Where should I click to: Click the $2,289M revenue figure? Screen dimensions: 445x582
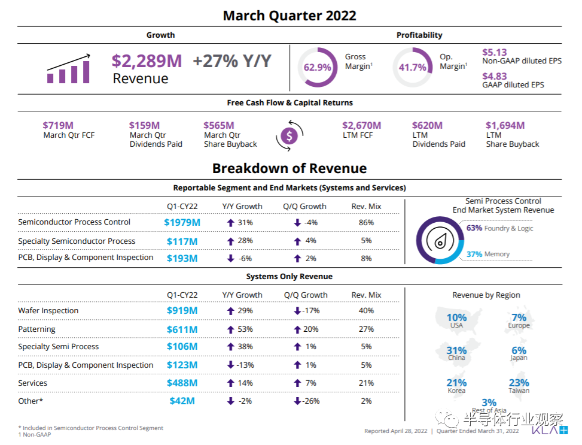coord(147,61)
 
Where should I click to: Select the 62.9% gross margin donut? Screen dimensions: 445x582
coord(317,67)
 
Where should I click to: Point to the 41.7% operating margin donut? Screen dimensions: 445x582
coord(412,67)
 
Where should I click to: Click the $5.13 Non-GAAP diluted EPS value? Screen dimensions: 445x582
coord(495,52)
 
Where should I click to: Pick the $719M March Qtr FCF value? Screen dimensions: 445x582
coord(58,125)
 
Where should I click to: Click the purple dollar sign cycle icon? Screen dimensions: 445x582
coord(290,136)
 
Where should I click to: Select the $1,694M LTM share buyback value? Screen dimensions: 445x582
coord(505,125)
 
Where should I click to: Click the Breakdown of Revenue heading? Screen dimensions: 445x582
coord(290,168)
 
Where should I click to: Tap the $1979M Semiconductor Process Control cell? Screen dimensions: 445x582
coord(182,222)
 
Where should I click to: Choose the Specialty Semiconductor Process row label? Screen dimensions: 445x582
coord(77,241)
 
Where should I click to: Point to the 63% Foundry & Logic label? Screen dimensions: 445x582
coord(499,228)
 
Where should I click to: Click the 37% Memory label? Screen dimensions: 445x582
coord(488,254)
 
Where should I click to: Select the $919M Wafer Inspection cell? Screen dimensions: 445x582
coord(182,310)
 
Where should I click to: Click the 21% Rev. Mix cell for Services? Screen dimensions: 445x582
coord(366,383)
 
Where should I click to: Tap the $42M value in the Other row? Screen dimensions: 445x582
coord(182,401)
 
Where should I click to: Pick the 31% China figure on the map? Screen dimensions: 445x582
coord(456,351)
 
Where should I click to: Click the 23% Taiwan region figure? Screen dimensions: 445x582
coord(519,383)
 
